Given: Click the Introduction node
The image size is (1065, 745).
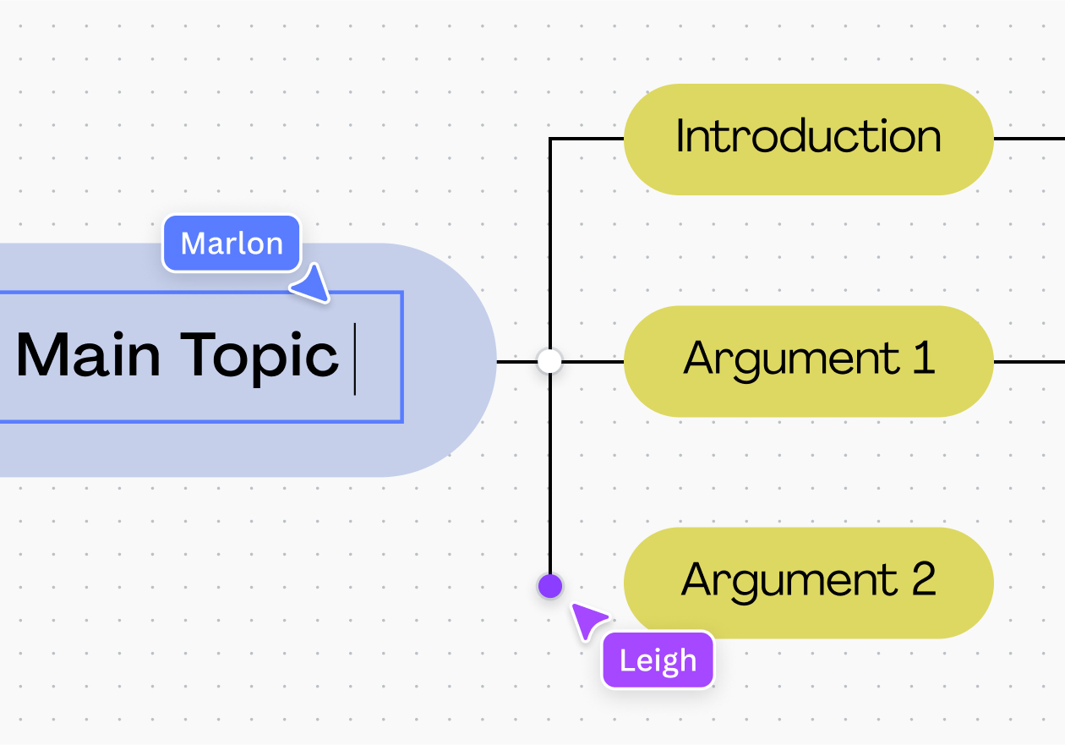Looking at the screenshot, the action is pyautogui.click(x=808, y=139).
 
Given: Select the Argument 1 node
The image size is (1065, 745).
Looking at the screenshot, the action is pyautogui.click(x=808, y=362).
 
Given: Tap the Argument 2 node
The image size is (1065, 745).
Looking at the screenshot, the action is pyautogui.click(x=808, y=583).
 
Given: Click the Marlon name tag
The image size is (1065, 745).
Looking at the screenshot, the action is pyautogui.click(x=232, y=243).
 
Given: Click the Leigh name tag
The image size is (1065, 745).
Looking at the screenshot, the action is pyautogui.click(x=658, y=660).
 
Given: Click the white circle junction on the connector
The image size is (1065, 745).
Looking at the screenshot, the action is pyautogui.click(x=549, y=362).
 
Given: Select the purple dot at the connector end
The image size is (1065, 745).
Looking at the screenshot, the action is pyautogui.click(x=550, y=586).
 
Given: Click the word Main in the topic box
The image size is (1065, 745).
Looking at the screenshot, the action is pyautogui.click(x=89, y=354).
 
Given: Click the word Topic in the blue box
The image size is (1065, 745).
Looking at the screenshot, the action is pyautogui.click(x=259, y=358).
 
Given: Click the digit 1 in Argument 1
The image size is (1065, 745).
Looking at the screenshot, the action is pyautogui.click(x=924, y=357).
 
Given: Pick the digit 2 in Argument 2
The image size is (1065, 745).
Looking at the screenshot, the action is pyautogui.click(x=925, y=578).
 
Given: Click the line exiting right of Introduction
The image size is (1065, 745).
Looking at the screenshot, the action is pyautogui.click(x=1029, y=139).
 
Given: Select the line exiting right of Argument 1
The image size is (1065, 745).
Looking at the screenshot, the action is pyautogui.click(x=1029, y=362).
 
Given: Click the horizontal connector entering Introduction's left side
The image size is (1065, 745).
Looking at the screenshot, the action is pyautogui.click(x=587, y=139).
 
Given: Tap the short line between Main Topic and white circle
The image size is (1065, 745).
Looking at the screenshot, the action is pyautogui.click(x=516, y=362).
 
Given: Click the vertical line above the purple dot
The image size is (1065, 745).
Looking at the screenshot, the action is pyautogui.click(x=550, y=474).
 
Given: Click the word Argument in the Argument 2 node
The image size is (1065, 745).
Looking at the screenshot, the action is pyautogui.click(x=789, y=583).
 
